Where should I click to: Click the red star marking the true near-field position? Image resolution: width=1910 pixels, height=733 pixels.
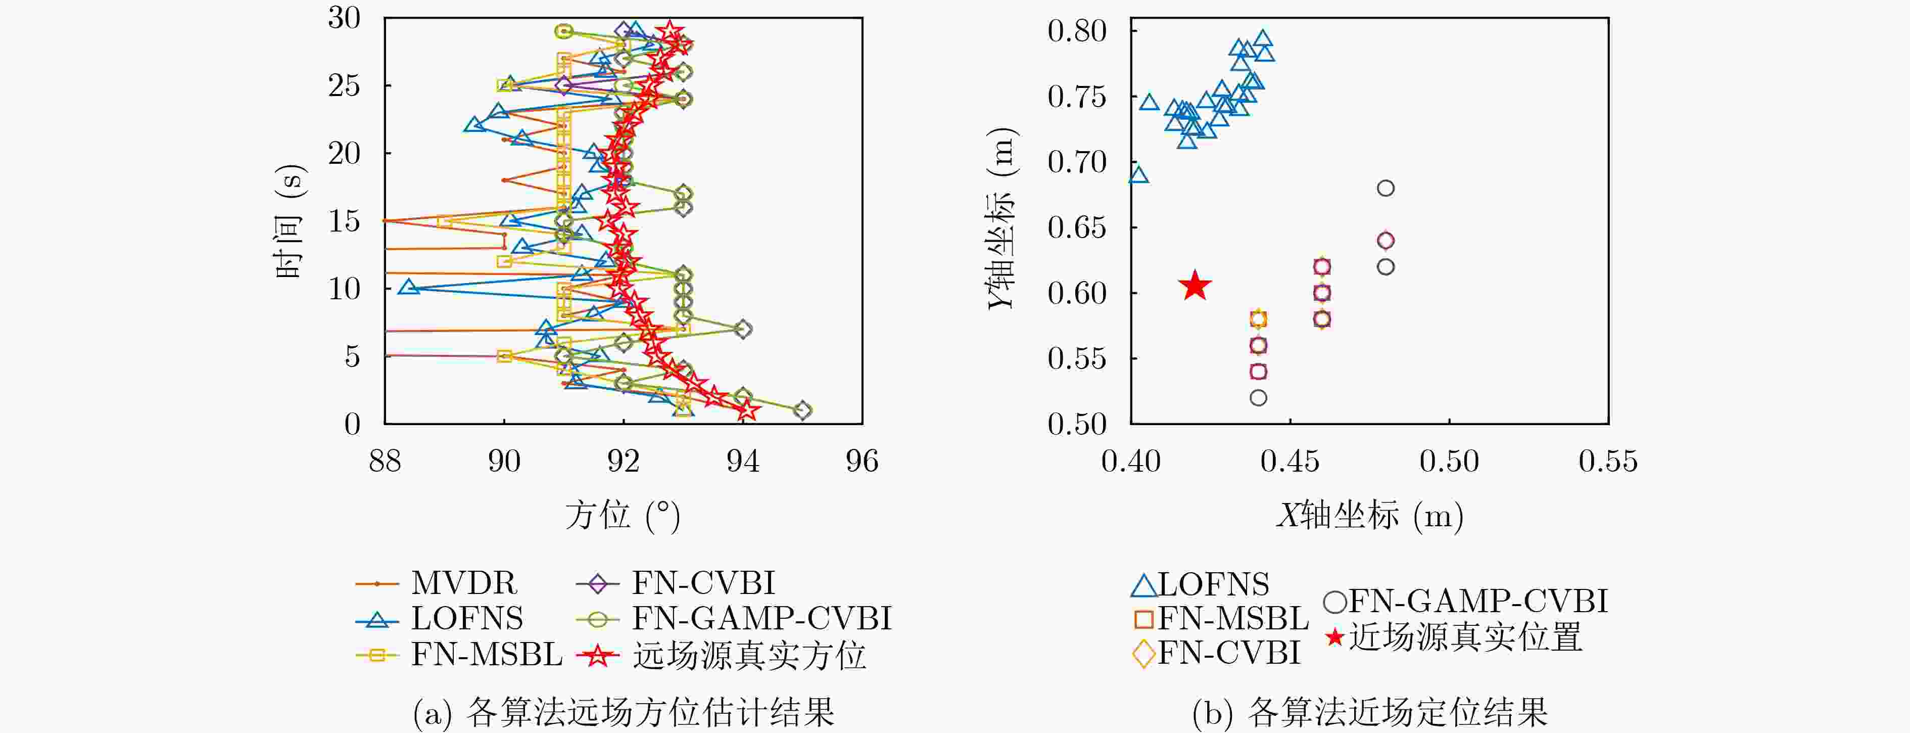tap(1195, 286)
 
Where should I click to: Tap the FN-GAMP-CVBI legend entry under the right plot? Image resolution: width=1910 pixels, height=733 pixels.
tap(1466, 601)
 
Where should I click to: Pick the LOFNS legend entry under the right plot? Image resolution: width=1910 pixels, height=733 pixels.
tap(1200, 584)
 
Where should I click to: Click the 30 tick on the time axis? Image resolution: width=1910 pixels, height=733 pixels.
tap(344, 18)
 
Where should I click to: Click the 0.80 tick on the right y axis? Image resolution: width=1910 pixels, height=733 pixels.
tap(1077, 31)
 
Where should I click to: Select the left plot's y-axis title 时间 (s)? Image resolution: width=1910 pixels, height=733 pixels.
tap(289, 220)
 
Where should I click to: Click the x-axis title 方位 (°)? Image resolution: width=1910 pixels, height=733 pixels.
tap(623, 515)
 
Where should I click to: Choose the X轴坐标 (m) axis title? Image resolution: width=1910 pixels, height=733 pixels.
tap(1370, 515)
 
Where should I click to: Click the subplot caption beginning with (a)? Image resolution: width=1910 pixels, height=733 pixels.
tap(624, 712)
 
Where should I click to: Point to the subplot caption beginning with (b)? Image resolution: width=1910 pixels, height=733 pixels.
tap(1370, 712)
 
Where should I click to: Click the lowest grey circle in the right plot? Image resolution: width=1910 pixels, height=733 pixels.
tap(1258, 398)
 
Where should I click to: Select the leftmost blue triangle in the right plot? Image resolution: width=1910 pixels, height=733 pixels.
tap(1138, 175)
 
